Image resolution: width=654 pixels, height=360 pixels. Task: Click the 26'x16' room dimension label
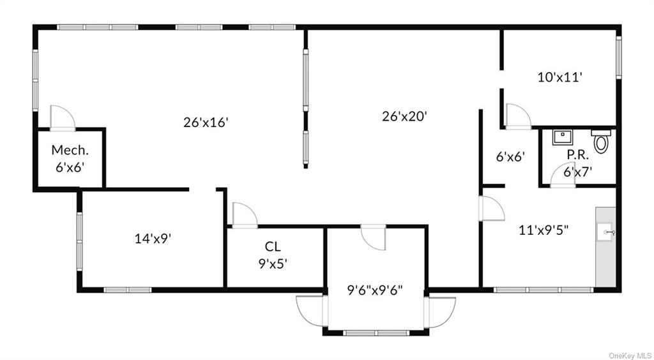click(206, 123)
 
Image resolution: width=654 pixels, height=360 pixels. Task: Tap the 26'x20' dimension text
click(404, 116)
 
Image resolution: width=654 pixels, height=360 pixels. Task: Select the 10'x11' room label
click(559, 77)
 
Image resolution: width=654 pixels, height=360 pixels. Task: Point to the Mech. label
click(70, 150)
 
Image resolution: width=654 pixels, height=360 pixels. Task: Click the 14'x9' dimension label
click(153, 239)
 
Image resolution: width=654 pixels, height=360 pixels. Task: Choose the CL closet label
click(273, 246)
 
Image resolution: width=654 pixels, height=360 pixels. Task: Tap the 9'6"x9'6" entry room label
click(374, 290)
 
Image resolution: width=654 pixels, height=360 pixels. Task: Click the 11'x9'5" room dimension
click(544, 230)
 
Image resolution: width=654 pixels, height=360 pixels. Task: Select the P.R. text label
click(577, 155)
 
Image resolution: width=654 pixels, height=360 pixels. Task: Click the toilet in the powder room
click(601, 141)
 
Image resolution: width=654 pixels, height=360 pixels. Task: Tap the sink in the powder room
click(563, 137)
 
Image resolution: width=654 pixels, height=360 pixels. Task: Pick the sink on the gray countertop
click(605, 232)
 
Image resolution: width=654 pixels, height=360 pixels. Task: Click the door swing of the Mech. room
click(63, 118)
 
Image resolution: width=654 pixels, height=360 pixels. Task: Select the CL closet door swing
click(245, 215)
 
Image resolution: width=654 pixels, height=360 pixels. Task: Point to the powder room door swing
click(563, 175)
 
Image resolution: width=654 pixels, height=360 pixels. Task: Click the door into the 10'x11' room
click(519, 116)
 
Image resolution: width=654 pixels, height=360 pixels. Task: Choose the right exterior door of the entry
click(440, 311)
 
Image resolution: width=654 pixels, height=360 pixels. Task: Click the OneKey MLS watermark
click(630, 356)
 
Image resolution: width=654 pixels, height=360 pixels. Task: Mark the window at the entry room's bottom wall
click(376, 333)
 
